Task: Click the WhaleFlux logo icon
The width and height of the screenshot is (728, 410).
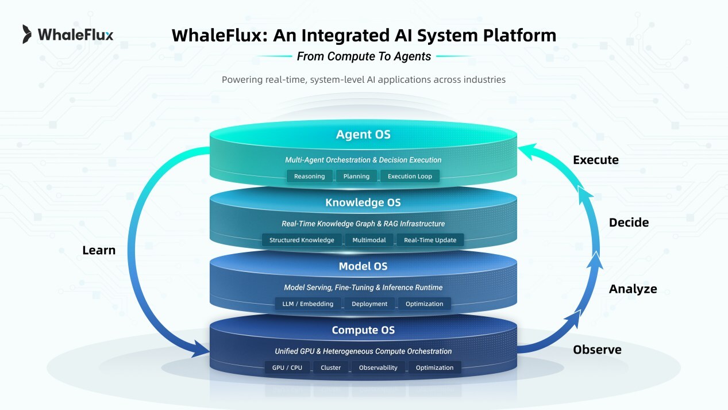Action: (27, 35)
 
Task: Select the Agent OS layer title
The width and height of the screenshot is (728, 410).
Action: (363, 135)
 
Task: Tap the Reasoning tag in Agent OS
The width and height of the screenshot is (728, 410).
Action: (309, 176)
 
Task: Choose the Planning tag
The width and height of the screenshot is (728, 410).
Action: (356, 176)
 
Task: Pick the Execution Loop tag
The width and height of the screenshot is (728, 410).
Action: (410, 176)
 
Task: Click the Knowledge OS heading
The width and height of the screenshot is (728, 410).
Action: (363, 202)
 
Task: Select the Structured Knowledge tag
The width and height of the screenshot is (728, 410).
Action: (302, 240)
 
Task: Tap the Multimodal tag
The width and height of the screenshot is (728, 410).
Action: (369, 240)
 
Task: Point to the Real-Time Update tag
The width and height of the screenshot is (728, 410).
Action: (430, 240)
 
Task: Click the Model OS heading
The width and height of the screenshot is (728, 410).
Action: (363, 266)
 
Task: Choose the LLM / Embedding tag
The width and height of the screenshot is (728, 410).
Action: (308, 304)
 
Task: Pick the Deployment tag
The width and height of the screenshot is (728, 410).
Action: (369, 304)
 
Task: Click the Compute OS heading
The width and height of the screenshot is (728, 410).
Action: (363, 330)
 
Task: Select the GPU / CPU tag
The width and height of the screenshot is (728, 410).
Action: (287, 367)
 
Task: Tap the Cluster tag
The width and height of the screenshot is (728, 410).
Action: (330, 367)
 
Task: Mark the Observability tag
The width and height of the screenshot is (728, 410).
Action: (378, 367)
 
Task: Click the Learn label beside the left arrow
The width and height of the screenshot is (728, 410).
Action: (99, 250)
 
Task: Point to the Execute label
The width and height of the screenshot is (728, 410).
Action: (596, 160)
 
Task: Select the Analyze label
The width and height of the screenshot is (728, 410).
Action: (633, 289)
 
